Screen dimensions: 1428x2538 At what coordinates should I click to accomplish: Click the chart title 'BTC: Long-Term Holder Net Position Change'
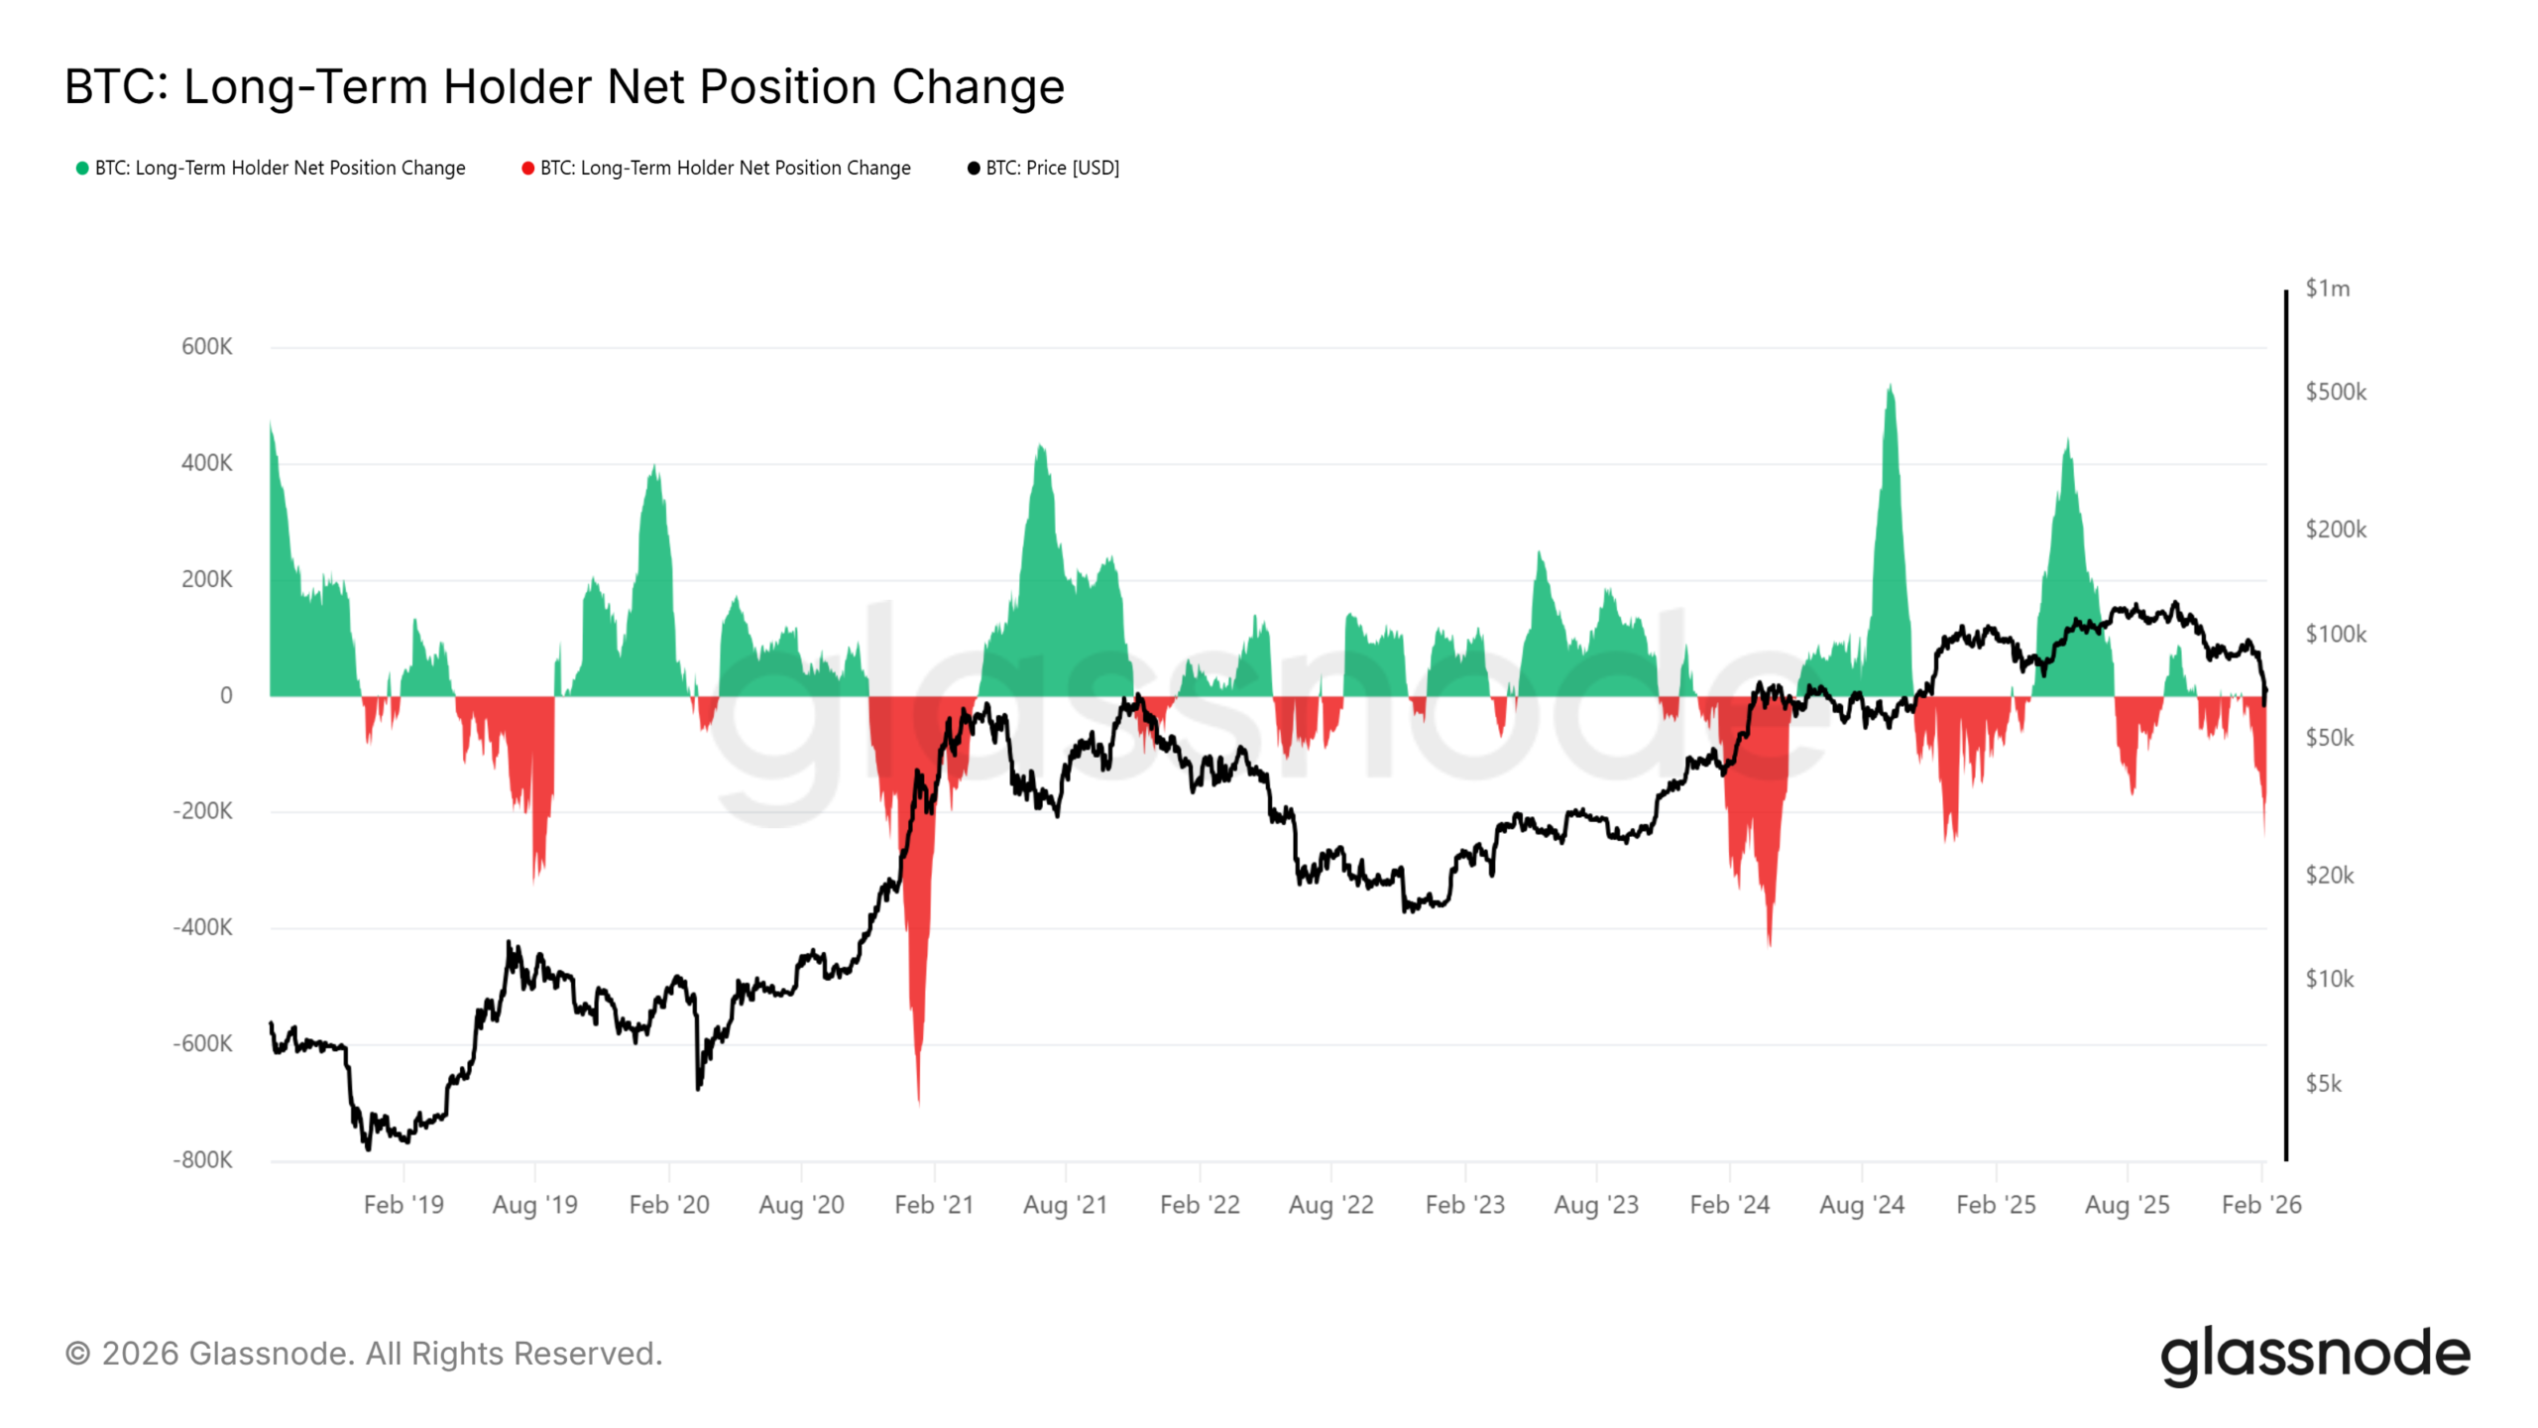[x=564, y=86]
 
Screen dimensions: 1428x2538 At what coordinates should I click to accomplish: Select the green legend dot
[x=82, y=168]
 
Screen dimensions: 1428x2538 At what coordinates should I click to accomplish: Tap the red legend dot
[x=527, y=168]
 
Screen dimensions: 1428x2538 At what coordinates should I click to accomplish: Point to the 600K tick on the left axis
[x=206, y=347]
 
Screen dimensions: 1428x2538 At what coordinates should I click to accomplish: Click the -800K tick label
[x=202, y=1159]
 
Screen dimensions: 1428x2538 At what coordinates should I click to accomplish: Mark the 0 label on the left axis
[x=226, y=695]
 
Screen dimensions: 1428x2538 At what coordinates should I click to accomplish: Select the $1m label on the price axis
[x=2327, y=289]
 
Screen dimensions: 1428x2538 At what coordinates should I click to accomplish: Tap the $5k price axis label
[x=2323, y=1083]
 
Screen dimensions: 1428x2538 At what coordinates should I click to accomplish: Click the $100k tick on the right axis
[x=2335, y=634]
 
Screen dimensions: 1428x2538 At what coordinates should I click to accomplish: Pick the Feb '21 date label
[x=933, y=1204]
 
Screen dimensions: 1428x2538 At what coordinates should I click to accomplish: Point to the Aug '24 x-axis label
[x=1861, y=1204]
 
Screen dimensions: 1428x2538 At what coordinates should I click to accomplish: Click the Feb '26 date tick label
[x=2260, y=1204]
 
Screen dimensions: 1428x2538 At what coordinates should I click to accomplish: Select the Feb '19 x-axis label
[x=404, y=1204]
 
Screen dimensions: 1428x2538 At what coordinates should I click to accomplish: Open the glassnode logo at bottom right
[x=2314, y=1355]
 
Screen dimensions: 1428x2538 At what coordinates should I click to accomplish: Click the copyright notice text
[x=364, y=1354]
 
